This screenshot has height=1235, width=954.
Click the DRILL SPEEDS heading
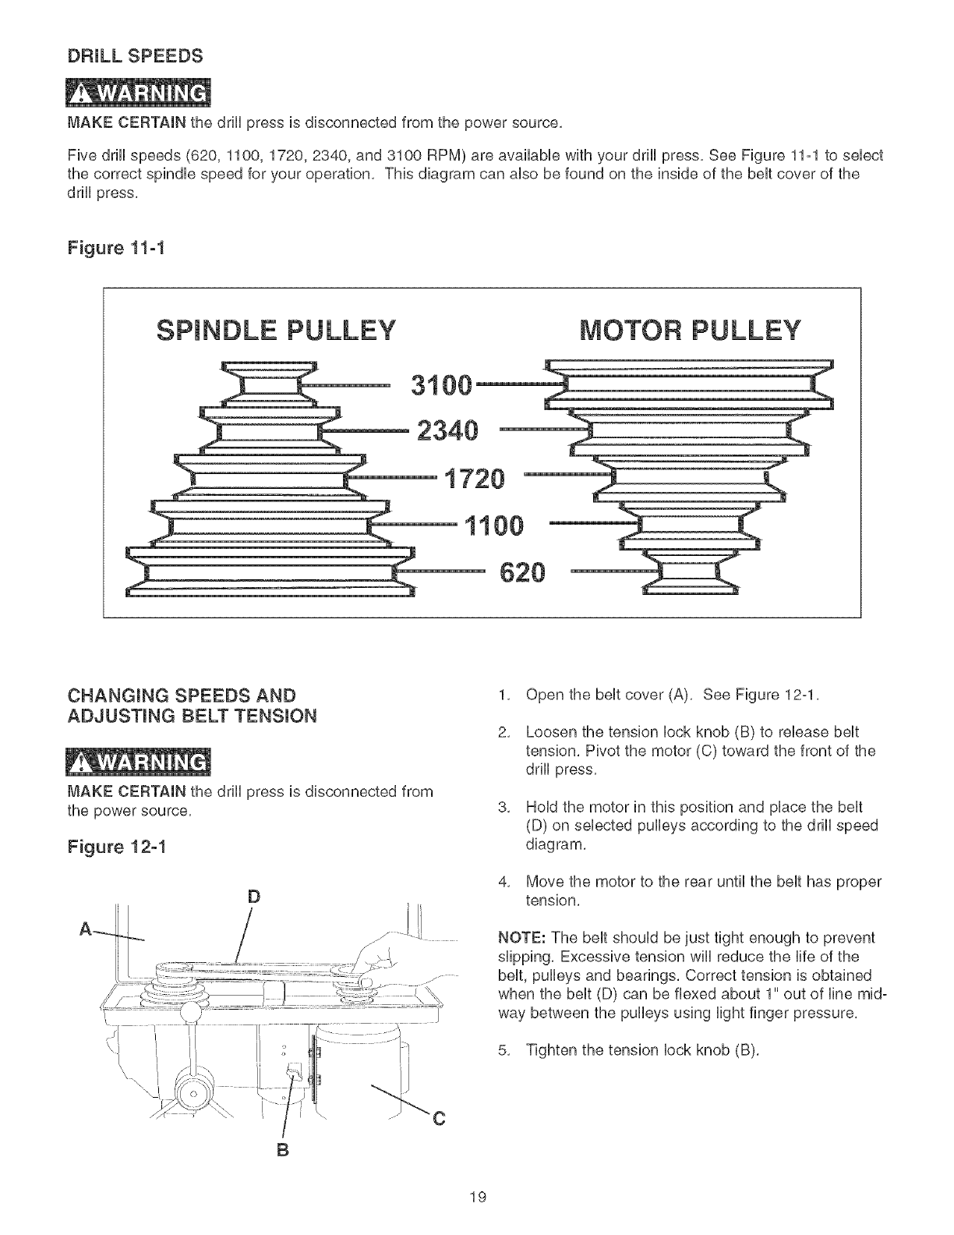(x=136, y=56)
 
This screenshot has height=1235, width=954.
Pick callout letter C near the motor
(x=437, y=1120)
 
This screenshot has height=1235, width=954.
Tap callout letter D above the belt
(x=252, y=896)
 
